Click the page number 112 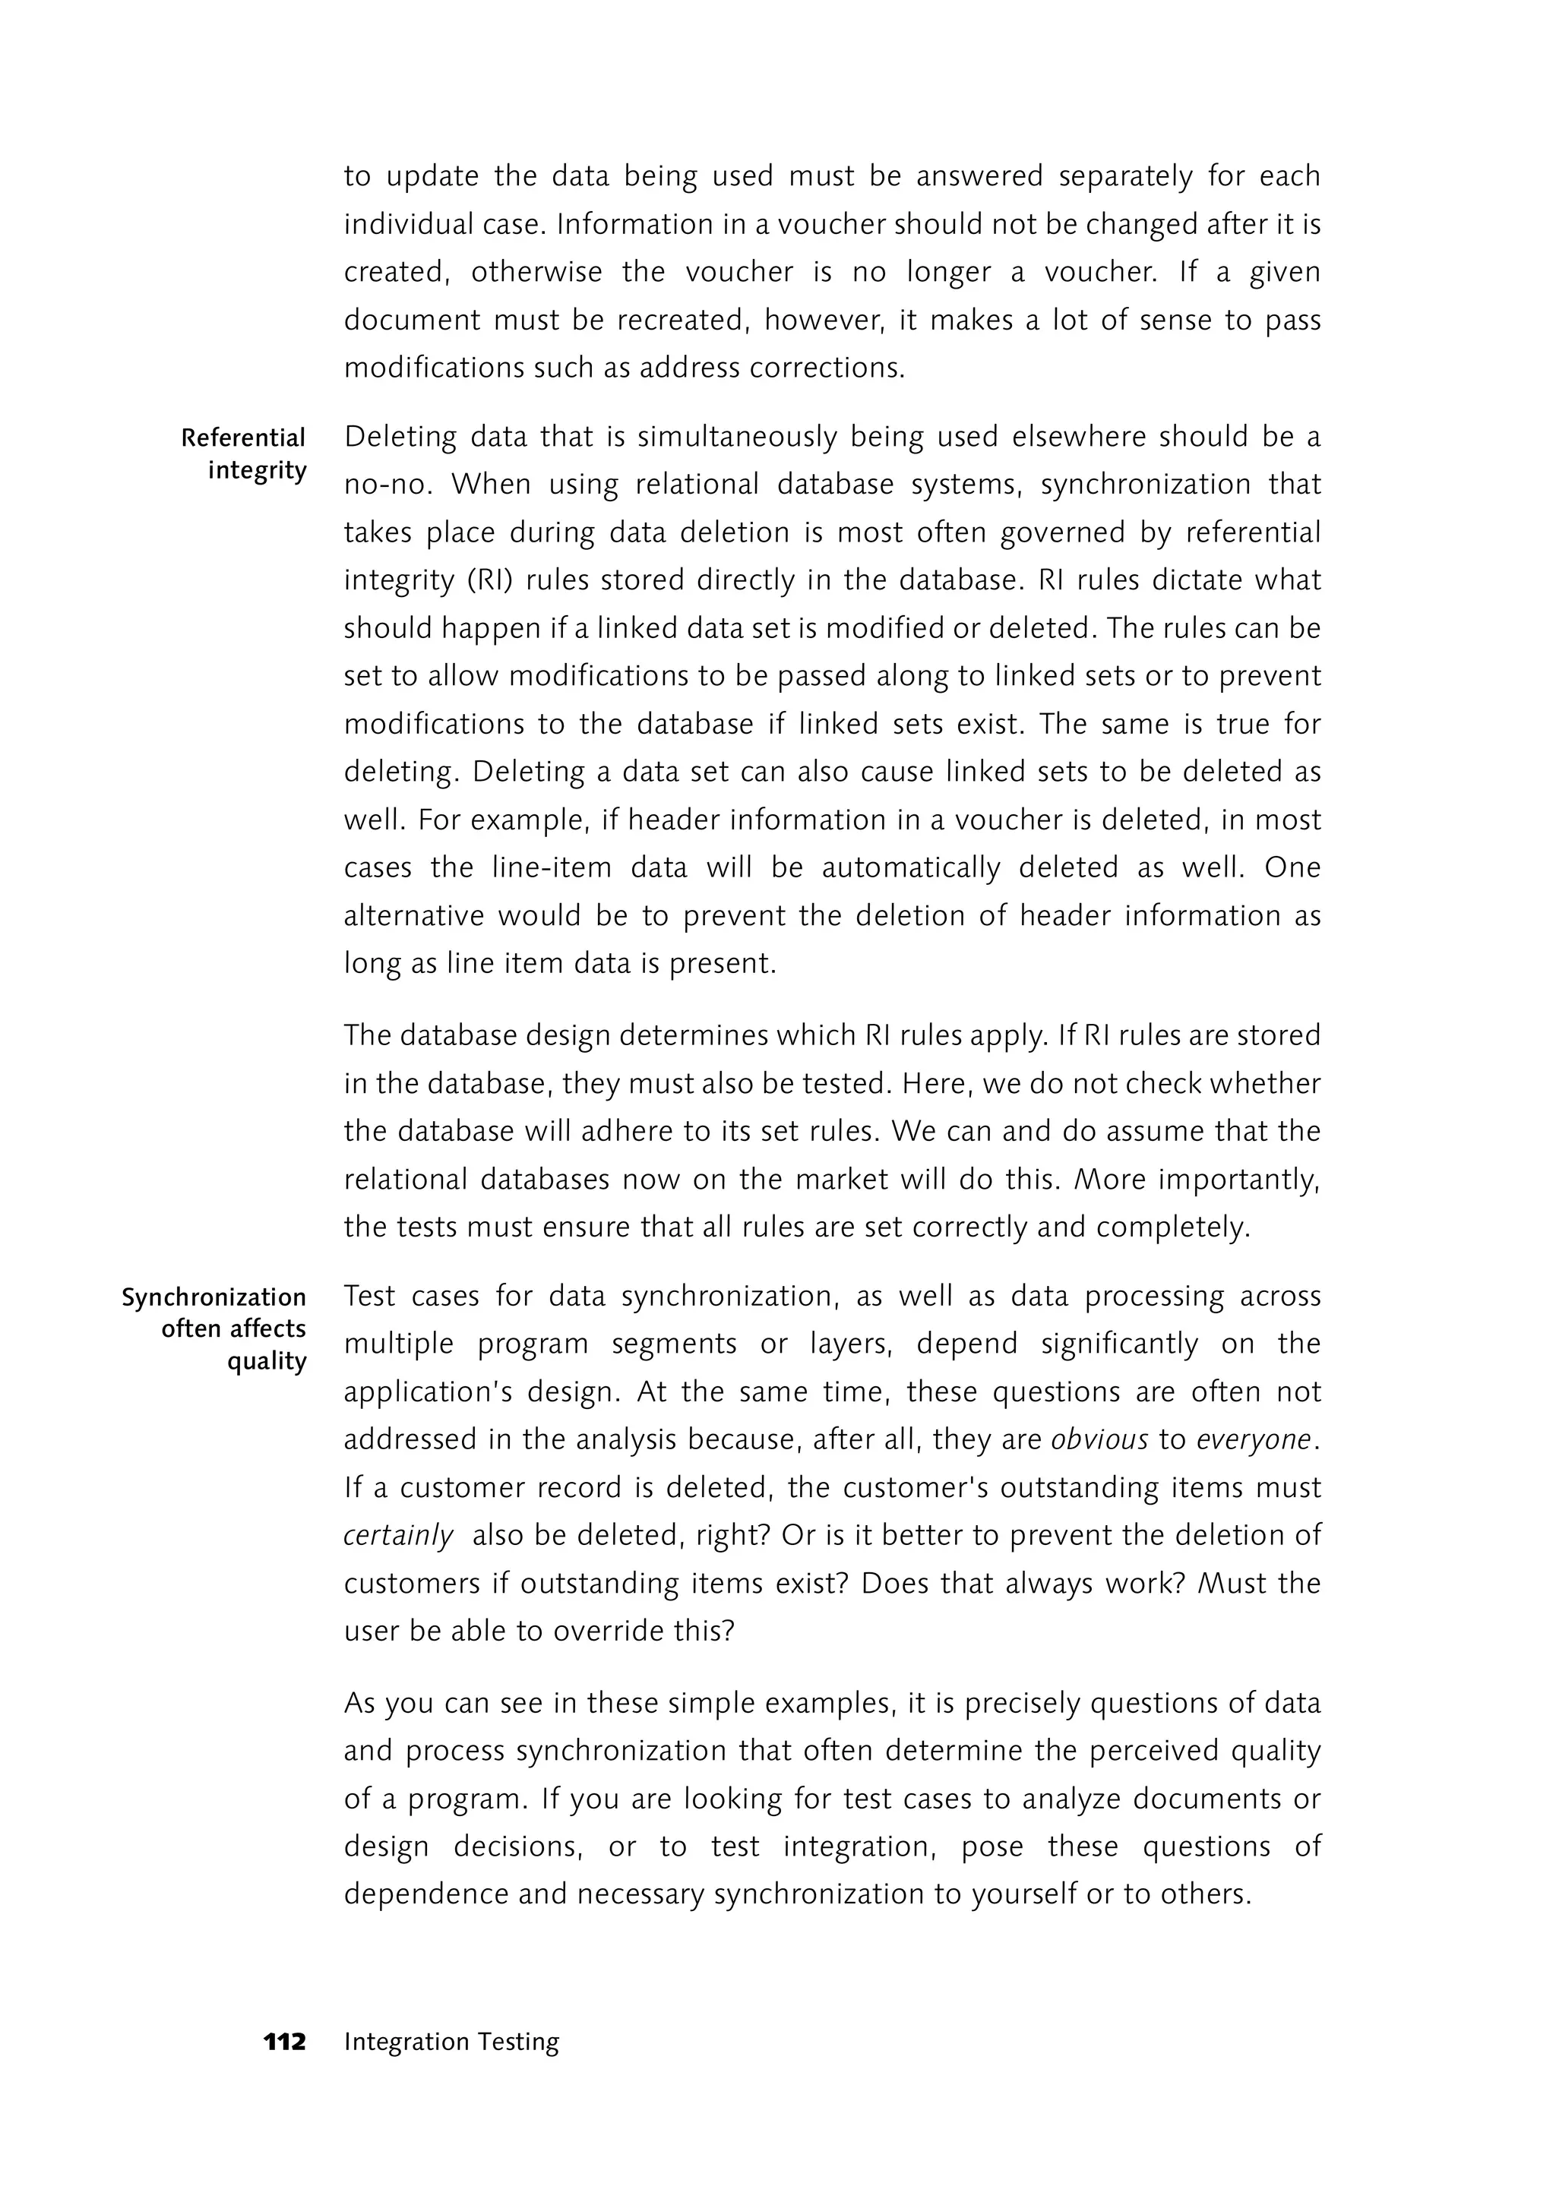click(x=285, y=2042)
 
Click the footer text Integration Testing click(x=451, y=2042)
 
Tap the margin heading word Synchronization click(x=213, y=1297)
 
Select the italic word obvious click(x=1099, y=1440)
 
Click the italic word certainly click(x=399, y=1536)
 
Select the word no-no click(x=388, y=485)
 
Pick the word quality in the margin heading click(x=267, y=1362)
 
